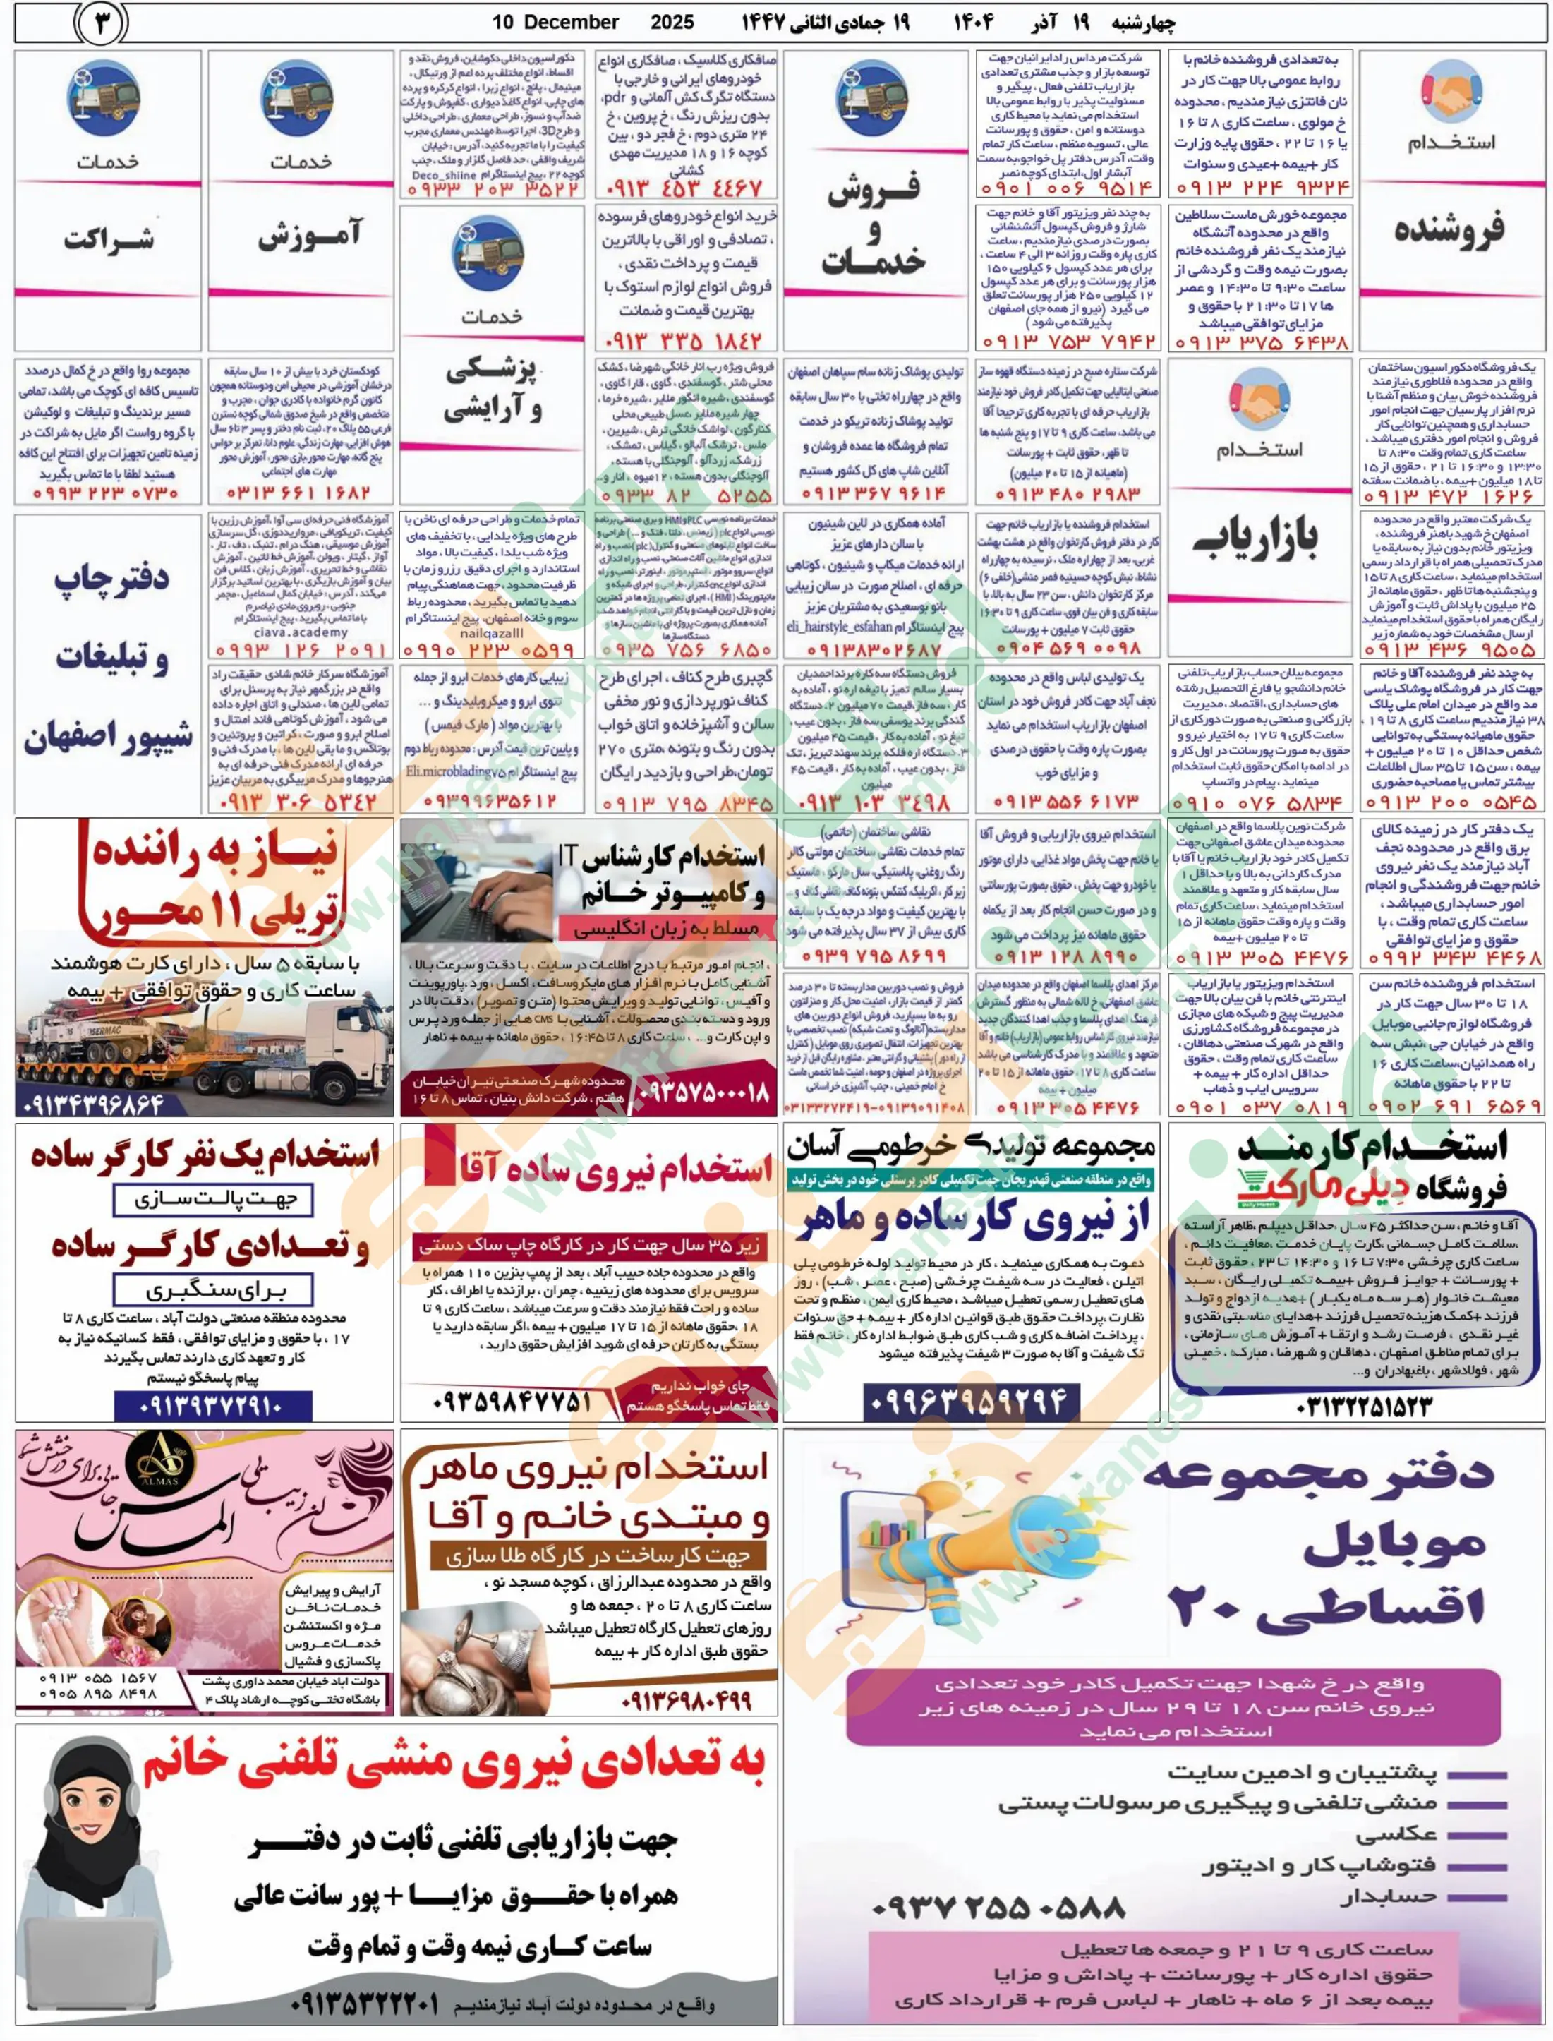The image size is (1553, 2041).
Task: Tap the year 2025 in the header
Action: tap(672, 22)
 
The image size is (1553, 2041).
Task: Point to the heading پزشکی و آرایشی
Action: tap(492, 389)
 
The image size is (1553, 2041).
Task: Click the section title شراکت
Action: tap(108, 239)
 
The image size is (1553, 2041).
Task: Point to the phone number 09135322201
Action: tap(365, 2005)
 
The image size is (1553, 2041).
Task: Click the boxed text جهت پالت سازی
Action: tap(212, 1200)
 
